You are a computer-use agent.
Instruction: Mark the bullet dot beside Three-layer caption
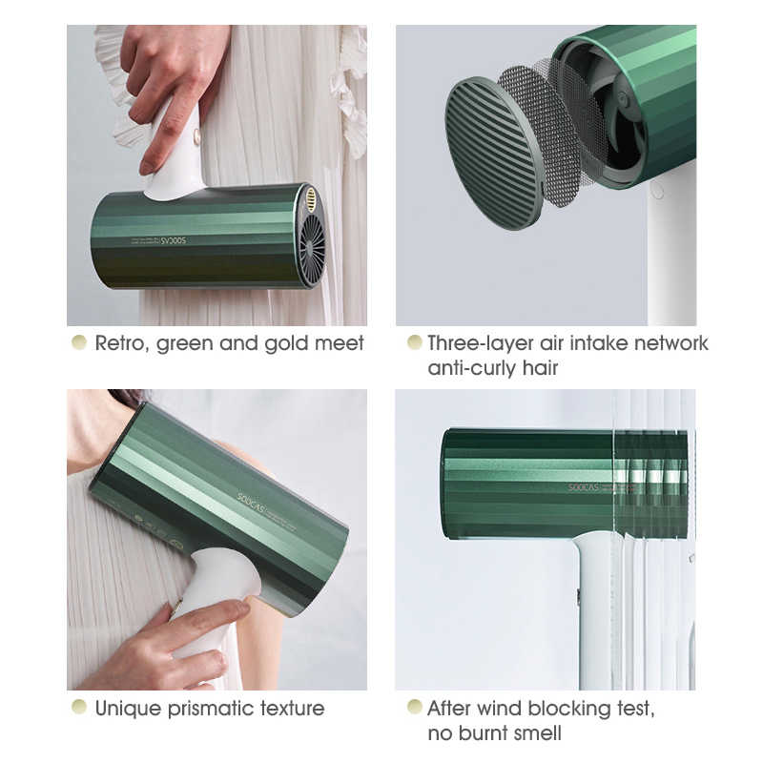pyautogui.click(x=414, y=342)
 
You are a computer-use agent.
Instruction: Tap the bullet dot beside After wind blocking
pyautogui.click(x=414, y=708)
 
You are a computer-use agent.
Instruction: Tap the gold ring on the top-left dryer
pyautogui.click(x=311, y=198)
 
